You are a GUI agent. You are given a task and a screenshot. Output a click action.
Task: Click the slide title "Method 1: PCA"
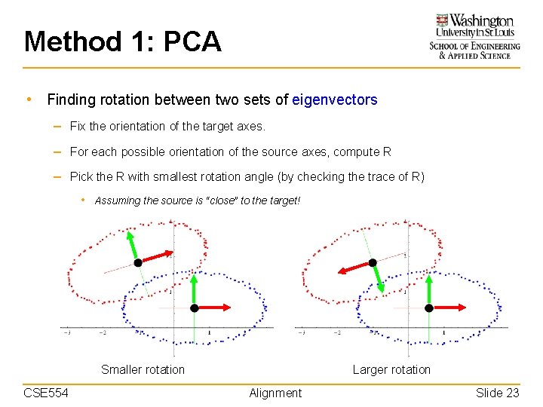[123, 41]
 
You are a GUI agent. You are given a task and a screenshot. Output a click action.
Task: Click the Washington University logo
[474, 36]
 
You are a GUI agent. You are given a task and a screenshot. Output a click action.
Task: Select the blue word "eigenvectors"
[334, 99]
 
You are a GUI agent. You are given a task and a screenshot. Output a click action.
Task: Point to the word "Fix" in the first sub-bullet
[78, 126]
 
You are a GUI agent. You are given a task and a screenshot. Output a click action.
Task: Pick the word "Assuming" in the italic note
[117, 200]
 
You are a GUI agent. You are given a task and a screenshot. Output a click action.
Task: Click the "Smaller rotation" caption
[143, 369]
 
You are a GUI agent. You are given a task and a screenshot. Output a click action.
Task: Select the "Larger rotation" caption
[391, 369]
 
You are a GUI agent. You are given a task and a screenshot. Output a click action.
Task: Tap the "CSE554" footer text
[46, 393]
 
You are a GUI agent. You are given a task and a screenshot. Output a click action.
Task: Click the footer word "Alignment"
[275, 393]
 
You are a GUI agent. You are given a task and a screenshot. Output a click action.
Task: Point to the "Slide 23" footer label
[497, 393]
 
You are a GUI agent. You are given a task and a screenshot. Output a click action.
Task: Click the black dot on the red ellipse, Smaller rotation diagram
[138, 262]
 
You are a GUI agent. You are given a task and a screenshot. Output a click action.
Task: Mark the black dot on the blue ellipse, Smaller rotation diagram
[194, 308]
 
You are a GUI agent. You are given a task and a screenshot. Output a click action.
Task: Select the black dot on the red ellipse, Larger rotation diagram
[372, 262]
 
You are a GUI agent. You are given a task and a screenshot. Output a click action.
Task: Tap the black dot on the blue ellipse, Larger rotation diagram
[428, 308]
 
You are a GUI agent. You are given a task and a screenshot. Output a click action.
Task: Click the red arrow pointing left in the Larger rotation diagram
[353, 268]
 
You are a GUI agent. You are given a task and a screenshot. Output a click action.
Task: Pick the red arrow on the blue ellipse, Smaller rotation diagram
[214, 308]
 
